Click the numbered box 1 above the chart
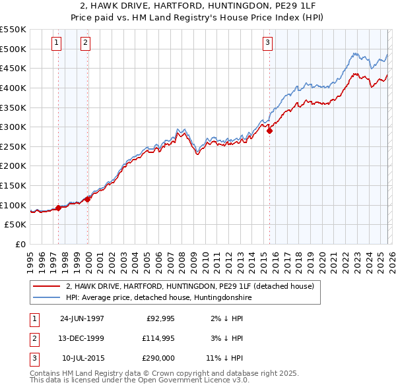pyautogui.click(x=56, y=44)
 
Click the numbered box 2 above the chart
pyautogui.click(x=86, y=44)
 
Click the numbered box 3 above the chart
pyautogui.click(x=267, y=44)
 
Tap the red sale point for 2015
pyautogui.click(x=270, y=131)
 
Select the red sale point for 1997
pyautogui.click(x=59, y=208)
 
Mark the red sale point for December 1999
pyautogui.click(x=88, y=199)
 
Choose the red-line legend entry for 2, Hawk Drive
pyautogui.click(x=193, y=287)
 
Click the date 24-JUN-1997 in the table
pyautogui.click(x=82, y=318)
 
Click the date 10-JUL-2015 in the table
pyautogui.click(x=82, y=358)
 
